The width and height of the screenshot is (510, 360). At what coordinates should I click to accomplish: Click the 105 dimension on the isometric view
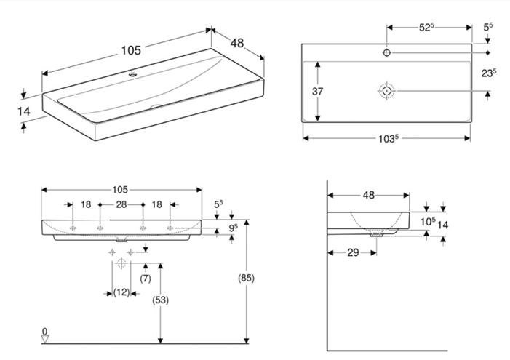pyautogui.click(x=131, y=50)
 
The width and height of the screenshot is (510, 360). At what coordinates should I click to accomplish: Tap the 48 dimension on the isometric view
pyautogui.click(x=237, y=43)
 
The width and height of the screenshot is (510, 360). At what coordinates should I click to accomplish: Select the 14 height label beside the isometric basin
pyautogui.click(x=24, y=111)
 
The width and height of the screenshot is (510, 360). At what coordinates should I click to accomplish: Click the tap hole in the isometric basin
pyautogui.click(x=132, y=74)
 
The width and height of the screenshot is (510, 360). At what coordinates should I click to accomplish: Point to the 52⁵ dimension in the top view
pyautogui.click(x=426, y=28)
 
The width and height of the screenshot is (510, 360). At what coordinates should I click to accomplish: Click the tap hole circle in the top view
pyautogui.click(x=387, y=52)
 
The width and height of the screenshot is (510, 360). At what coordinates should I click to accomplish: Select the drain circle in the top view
pyautogui.click(x=387, y=91)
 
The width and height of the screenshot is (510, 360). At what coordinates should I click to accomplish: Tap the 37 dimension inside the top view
pyautogui.click(x=317, y=92)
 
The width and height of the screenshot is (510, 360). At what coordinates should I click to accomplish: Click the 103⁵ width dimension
pyautogui.click(x=389, y=138)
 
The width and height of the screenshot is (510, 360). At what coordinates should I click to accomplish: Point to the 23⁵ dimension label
pyautogui.click(x=489, y=73)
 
